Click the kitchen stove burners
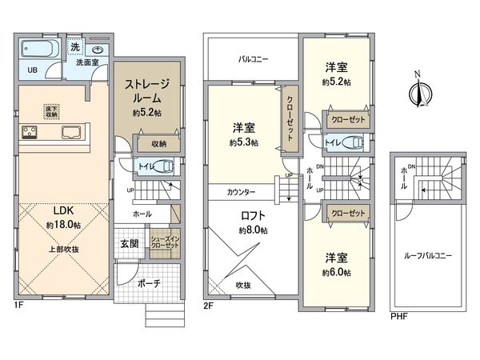coord(31,133)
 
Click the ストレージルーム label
coord(147,90)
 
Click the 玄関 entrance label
coord(130,243)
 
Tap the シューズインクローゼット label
coord(166,243)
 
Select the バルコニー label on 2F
coord(253,59)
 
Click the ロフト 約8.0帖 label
coord(253,222)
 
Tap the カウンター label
coord(241,193)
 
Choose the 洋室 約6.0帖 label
coord(336,264)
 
